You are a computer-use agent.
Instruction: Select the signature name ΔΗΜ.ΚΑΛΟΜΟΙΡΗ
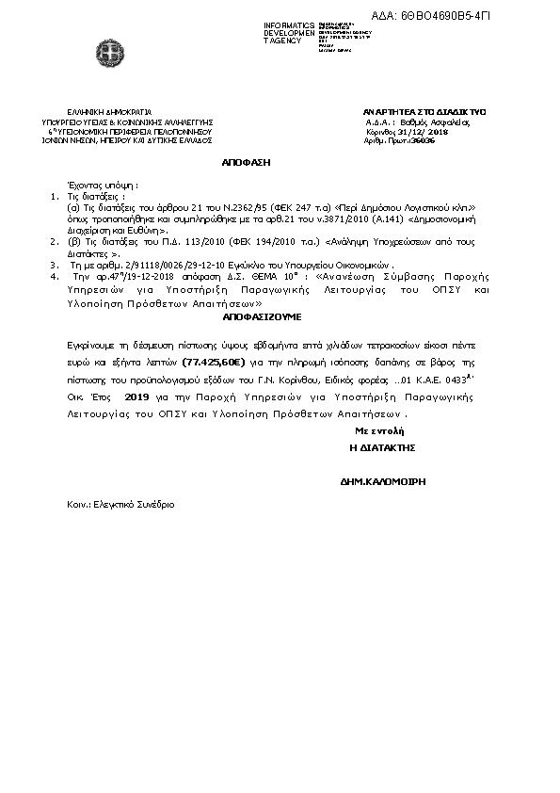click(383, 481)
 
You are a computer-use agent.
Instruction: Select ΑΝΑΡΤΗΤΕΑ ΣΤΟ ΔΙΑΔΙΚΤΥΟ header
click(410, 112)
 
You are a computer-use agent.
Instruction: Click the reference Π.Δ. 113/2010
click(167, 242)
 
